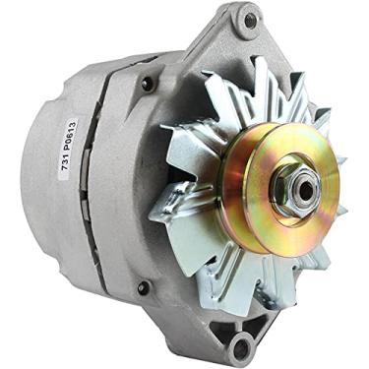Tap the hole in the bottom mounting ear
click(x=241, y=344)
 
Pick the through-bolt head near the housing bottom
click(x=144, y=287)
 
